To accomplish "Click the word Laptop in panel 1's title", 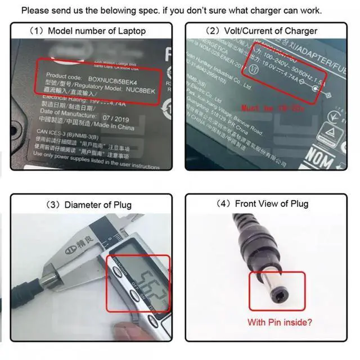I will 130,31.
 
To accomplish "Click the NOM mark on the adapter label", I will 319,159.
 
